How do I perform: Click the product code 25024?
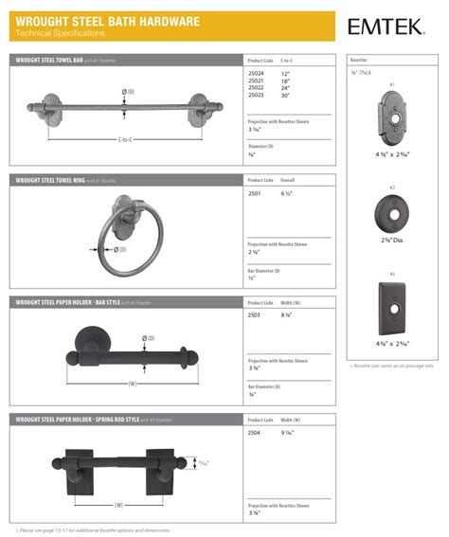tap(255, 73)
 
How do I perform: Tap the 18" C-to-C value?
tap(285, 81)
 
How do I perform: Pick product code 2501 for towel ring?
tap(254, 193)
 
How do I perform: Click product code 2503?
tap(254, 314)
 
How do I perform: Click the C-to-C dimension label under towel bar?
tap(124, 139)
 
